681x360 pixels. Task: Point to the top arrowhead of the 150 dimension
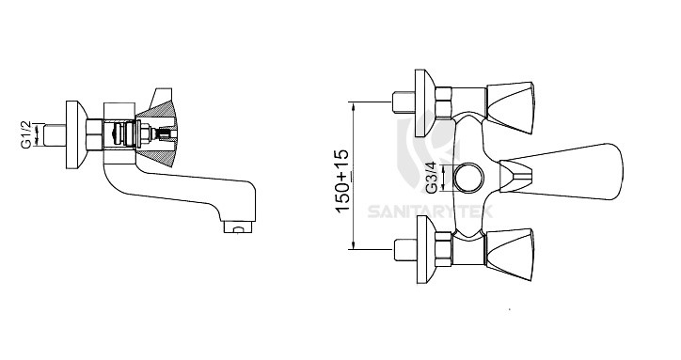point(353,103)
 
